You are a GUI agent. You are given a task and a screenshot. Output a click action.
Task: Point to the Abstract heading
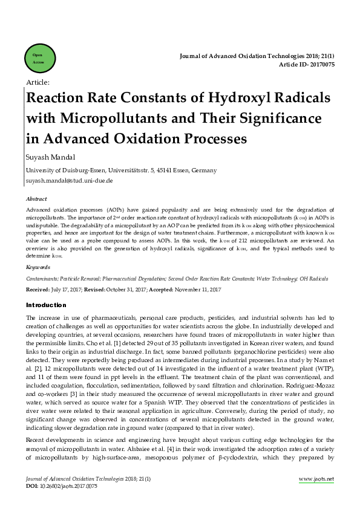click(x=36, y=198)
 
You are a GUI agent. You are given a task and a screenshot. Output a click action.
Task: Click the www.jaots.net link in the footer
click(x=316, y=479)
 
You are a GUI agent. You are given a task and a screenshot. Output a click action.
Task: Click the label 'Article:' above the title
click(x=38, y=82)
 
